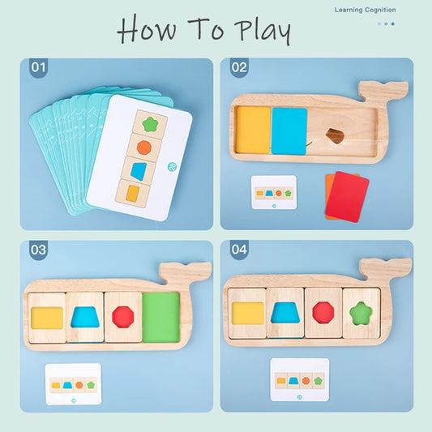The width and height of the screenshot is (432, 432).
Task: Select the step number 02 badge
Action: pos(239,68)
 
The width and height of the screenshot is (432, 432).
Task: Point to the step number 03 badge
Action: pos(39,250)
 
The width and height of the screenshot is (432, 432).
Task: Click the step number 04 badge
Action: pos(239,250)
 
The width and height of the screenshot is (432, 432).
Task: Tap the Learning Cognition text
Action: pos(365,10)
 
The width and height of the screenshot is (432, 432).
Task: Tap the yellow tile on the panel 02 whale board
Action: pos(252,129)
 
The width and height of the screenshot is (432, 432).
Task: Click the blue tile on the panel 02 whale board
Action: pos(289,130)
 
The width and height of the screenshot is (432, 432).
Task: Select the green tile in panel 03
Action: pos(160,317)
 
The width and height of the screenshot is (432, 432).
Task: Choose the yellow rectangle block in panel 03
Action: pos(46,317)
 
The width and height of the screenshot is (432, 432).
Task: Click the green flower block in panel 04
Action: pos(361,312)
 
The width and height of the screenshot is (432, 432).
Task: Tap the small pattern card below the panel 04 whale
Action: pos(299,379)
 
